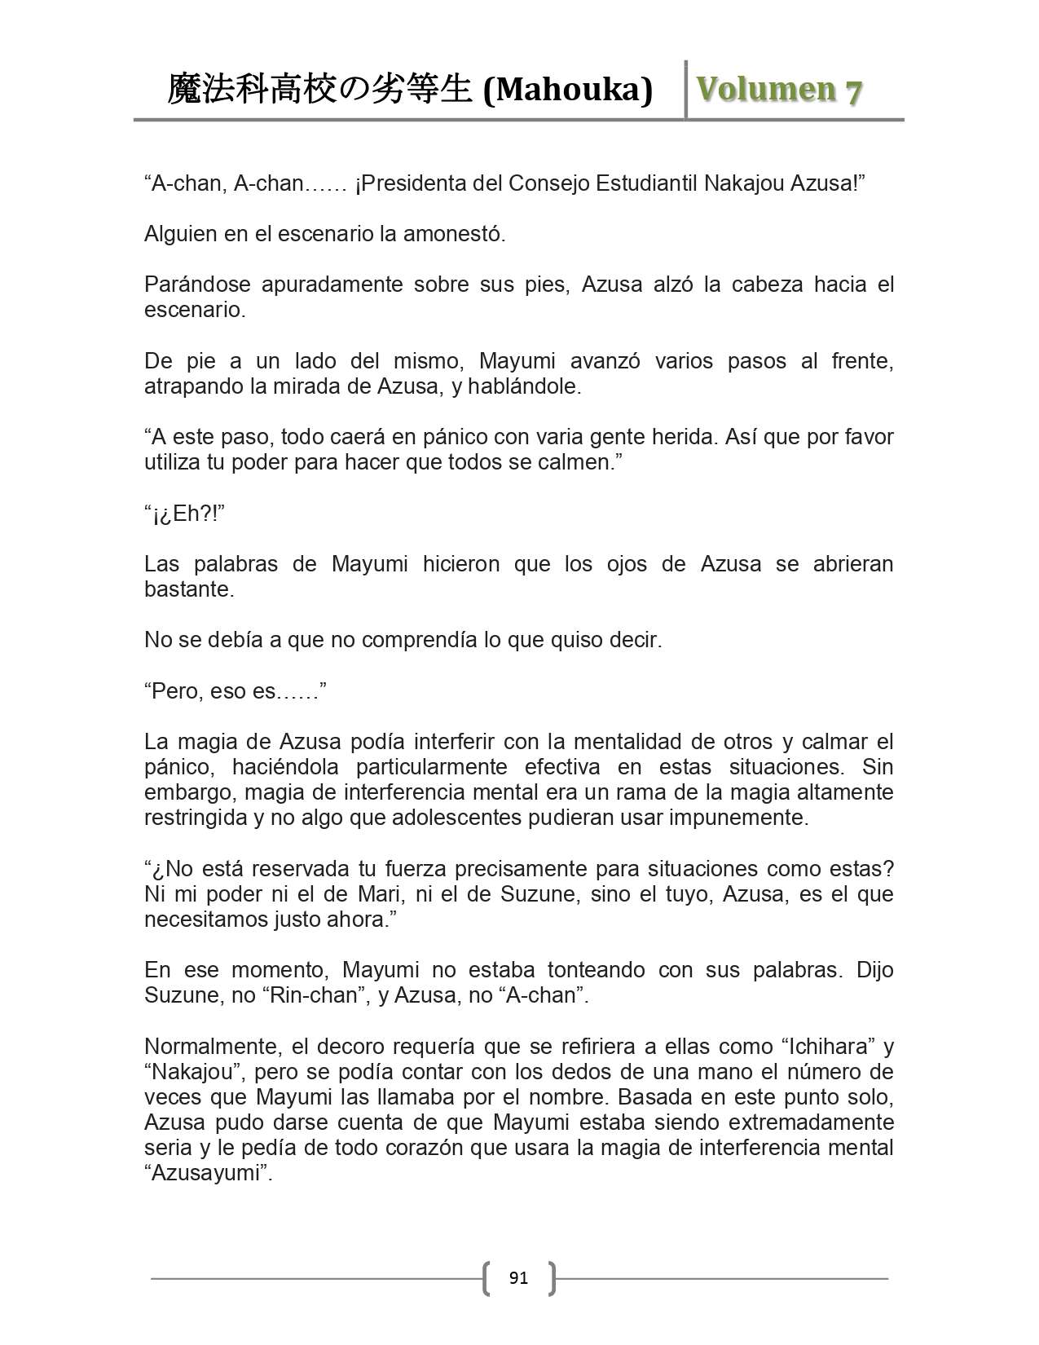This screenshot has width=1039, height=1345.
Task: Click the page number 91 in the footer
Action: pyautogui.click(x=518, y=1278)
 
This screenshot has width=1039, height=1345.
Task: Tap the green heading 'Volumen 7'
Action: pyautogui.click(x=778, y=90)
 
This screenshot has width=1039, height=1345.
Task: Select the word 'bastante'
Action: pyautogui.click(x=188, y=589)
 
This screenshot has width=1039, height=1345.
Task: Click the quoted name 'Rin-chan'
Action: pyautogui.click(x=314, y=995)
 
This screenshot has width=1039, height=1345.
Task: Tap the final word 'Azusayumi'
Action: pyautogui.click(x=208, y=1174)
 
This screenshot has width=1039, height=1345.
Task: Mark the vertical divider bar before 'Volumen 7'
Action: pyautogui.click(x=686, y=90)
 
